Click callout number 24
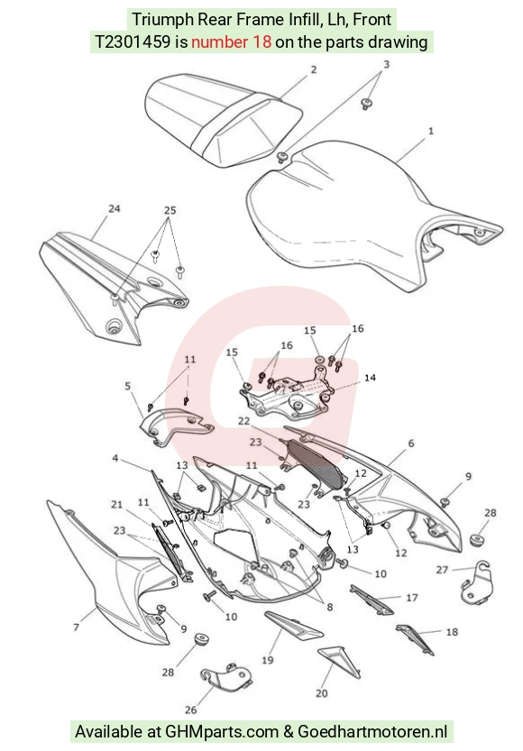(114, 209)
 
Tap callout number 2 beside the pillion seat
(314, 70)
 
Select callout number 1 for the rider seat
(430, 131)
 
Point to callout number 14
(370, 378)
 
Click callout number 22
(243, 421)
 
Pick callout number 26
(190, 710)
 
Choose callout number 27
(442, 570)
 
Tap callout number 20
(322, 693)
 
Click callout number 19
(267, 660)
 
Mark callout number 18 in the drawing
(452, 632)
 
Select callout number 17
(412, 598)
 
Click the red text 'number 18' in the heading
(232, 42)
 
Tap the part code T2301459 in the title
(133, 42)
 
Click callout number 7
(76, 627)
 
